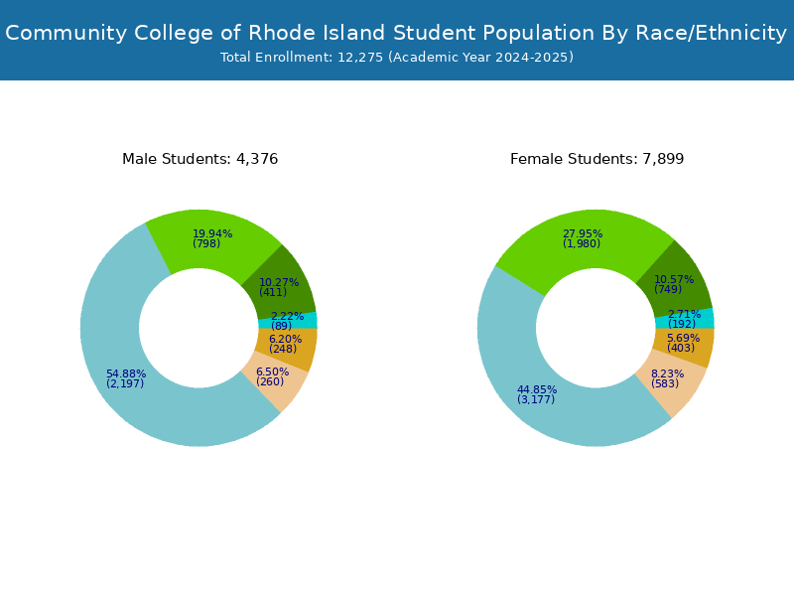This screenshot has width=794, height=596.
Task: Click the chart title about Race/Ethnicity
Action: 396,33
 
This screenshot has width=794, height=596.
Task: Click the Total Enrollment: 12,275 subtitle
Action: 397,58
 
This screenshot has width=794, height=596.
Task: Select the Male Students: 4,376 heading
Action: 200,159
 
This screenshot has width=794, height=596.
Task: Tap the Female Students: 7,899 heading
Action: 597,159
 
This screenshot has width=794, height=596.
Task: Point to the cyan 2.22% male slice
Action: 288,321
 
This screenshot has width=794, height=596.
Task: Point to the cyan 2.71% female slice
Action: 685,319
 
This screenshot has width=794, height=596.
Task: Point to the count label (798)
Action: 206,243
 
